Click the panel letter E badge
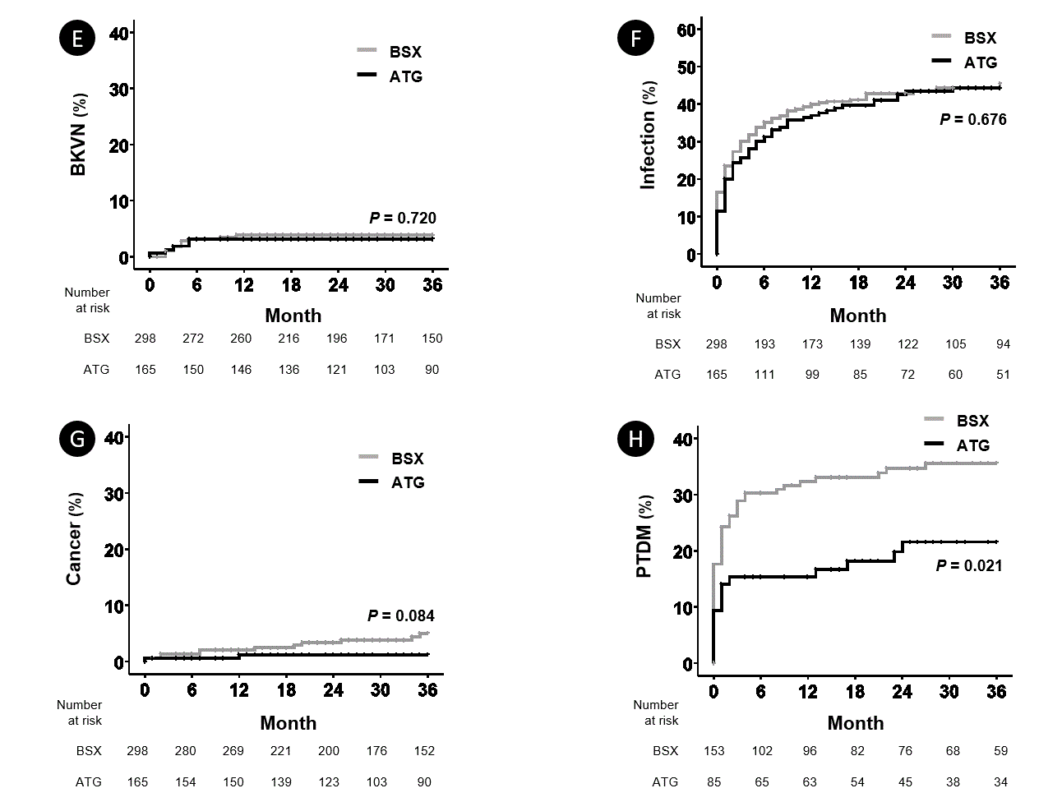coord(77,39)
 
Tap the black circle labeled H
coord(635,439)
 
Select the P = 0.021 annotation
coord(969,565)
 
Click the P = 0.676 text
coord(972,119)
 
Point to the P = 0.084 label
coord(400,615)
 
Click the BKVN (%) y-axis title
coord(79,134)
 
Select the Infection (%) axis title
coord(649,136)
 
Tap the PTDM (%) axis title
coord(644,537)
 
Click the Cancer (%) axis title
coord(74,539)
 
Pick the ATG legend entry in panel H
coord(972,445)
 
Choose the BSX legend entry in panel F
coord(980,38)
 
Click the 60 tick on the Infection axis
coord(686,30)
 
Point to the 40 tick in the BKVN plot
coord(119,33)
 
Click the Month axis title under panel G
coord(288,723)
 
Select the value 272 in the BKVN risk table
coord(193,339)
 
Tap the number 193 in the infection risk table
coord(764,344)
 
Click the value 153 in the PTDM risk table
coord(713,751)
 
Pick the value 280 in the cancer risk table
coord(185,751)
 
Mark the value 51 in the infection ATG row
coord(1003,375)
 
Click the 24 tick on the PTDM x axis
coord(902,692)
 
